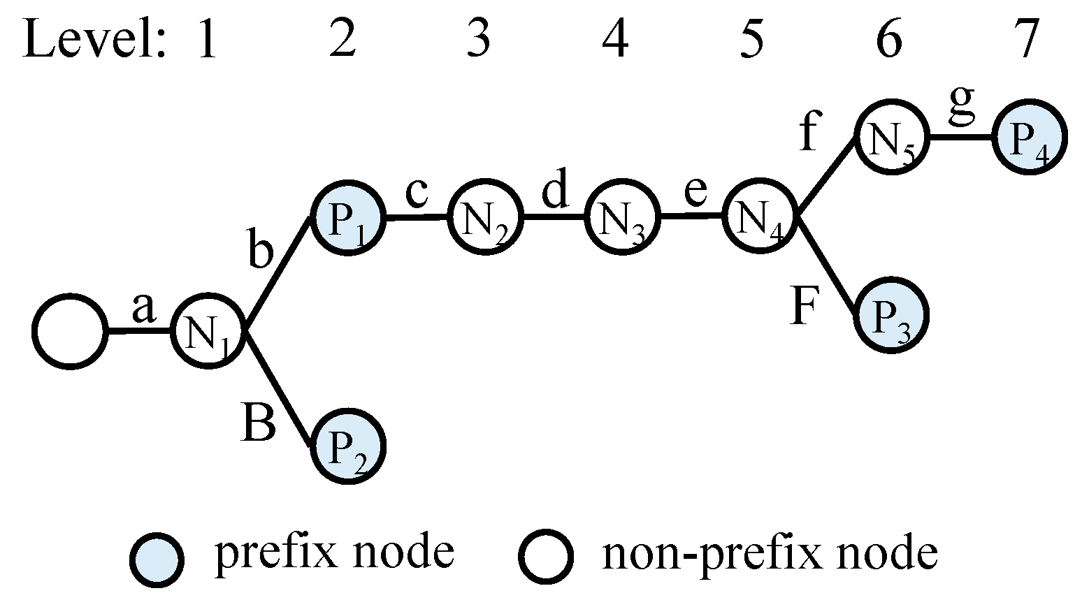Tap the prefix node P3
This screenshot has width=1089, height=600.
[x=891, y=315]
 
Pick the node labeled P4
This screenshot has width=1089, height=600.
[x=1030, y=138]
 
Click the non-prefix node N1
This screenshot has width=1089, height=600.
[x=208, y=331]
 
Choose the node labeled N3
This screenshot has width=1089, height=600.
[x=621, y=217]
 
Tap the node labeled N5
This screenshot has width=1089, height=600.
[x=892, y=138]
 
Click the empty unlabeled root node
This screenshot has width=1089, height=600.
[x=70, y=331]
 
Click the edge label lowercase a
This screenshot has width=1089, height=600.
[x=143, y=309]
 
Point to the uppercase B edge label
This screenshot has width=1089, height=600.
[x=258, y=423]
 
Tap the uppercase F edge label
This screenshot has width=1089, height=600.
[x=805, y=307]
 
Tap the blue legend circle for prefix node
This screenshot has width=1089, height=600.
[x=157, y=557]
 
